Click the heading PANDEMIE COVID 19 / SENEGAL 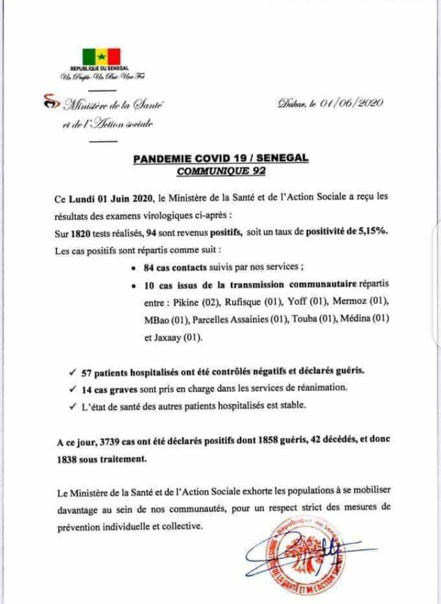point(221,159)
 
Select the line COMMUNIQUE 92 point(221,171)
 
